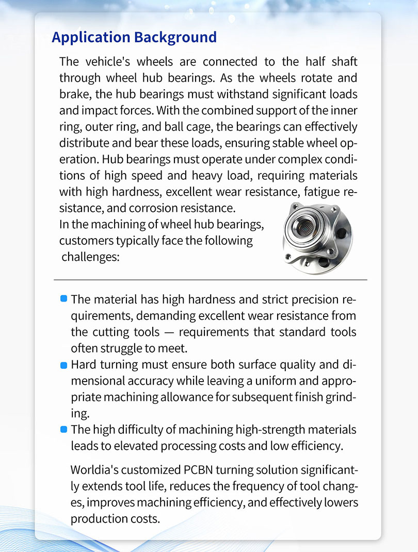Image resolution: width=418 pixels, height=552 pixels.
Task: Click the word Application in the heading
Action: [91, 38]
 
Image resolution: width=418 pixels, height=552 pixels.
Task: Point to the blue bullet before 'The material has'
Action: [63, 298]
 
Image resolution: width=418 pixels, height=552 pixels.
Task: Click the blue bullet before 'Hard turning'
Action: [63, 365]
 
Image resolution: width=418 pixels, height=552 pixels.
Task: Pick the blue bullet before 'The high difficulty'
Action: [63, 429]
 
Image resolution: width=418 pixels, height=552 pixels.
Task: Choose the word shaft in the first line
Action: [343, 61]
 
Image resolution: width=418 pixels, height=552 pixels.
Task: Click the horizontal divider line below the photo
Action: [210, 279]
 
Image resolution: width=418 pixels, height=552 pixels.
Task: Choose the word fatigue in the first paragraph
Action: [323, 192]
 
